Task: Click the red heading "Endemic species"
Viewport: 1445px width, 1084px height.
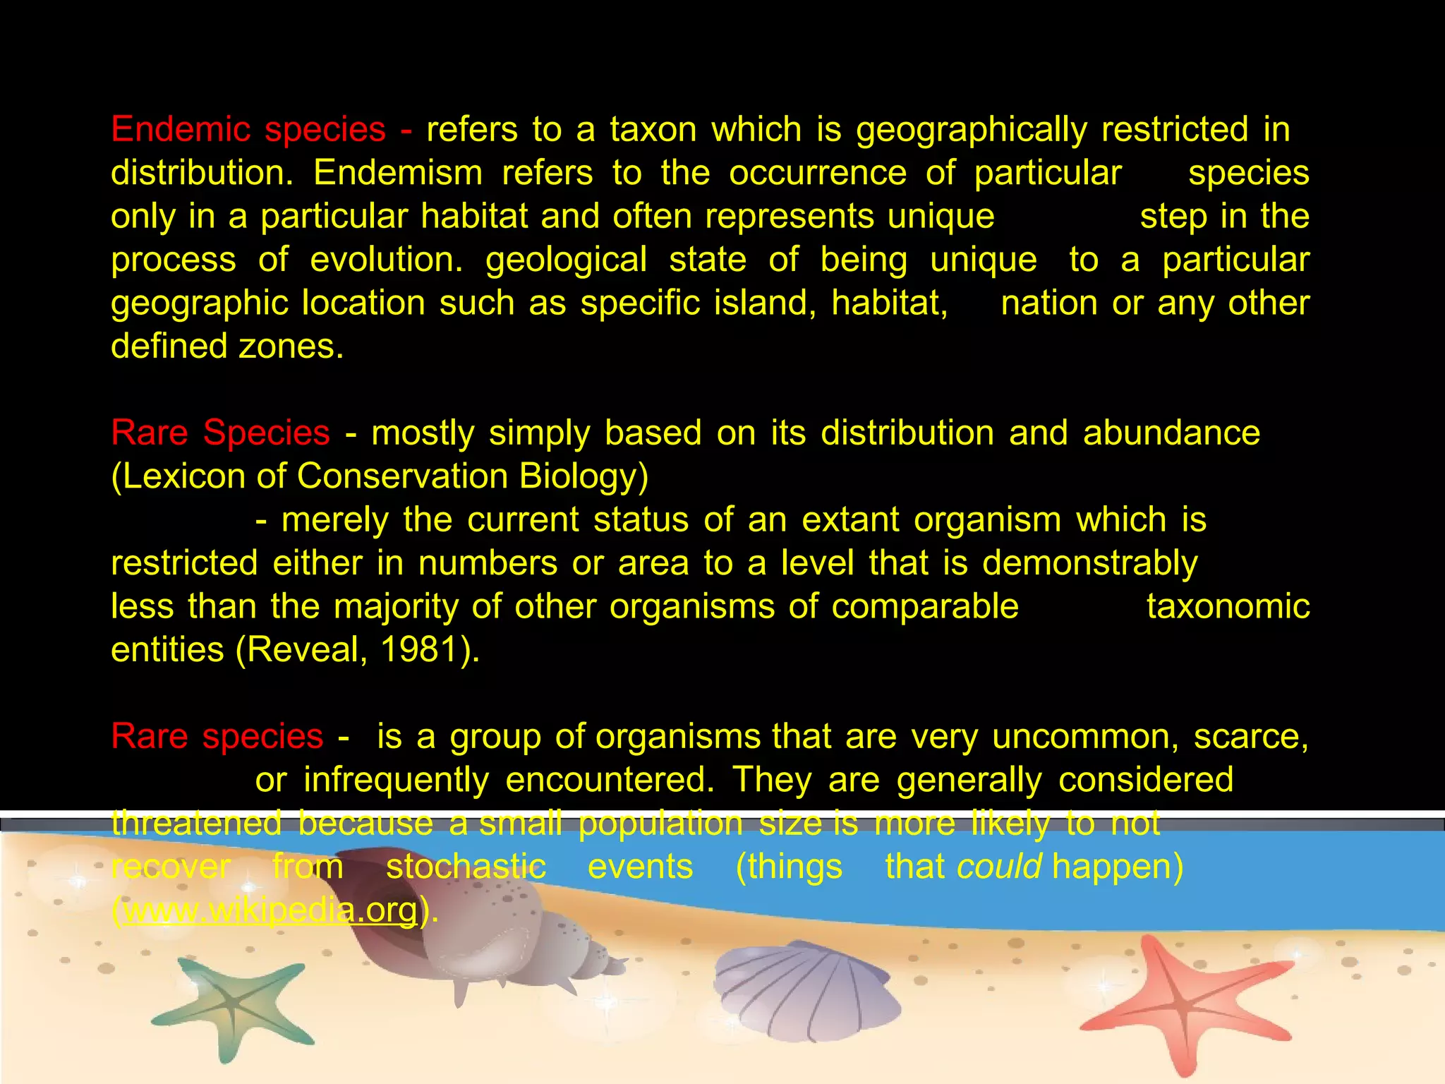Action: click(x=248, y=130)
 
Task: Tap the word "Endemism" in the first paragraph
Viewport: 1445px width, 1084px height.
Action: click(x=398, y=173)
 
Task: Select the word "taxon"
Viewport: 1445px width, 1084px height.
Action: click(x=653, y=130)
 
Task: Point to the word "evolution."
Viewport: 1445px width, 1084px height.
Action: click(x=386, y=260)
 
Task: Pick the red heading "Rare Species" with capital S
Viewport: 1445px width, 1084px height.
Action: click(x=220, y=433)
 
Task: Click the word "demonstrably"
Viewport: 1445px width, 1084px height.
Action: click(x=1089, y=563)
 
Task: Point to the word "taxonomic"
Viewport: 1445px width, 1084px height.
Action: click(x=1228, y=607)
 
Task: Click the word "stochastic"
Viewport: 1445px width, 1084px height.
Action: click(x=466, y=867)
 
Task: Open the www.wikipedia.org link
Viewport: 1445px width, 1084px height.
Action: click(x=270, y=910)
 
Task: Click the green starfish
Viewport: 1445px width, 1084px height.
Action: click(x=229, y=1002)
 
